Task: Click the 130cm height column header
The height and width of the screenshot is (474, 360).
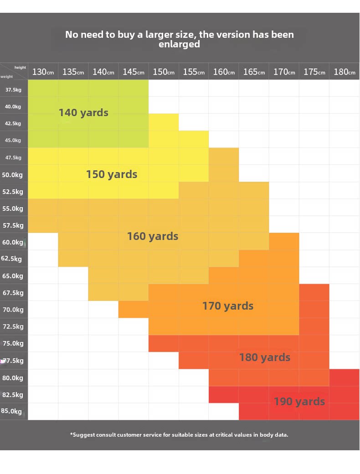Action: [43, 72]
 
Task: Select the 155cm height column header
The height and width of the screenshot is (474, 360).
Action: [194, 72]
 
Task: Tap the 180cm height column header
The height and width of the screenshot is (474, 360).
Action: [345, 72]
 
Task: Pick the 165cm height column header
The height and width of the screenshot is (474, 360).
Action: [254, 72]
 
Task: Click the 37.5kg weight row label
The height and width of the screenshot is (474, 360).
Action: [13, 90]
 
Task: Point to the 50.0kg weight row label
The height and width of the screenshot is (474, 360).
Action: [12, 174]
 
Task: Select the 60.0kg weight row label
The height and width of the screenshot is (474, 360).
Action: [12, 242]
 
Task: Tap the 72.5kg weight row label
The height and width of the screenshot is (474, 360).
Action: [13, 326]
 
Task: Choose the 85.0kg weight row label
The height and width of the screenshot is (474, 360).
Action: [11, 411]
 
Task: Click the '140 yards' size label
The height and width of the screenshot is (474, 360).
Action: [83, 112]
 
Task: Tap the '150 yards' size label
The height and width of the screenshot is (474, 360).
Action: [112, 174]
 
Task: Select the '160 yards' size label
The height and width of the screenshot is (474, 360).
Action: [153, 236]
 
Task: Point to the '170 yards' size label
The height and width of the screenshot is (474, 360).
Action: [228, 306]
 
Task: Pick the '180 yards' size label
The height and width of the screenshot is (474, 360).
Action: [265, 357]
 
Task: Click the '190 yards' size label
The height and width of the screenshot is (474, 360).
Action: [299, 402]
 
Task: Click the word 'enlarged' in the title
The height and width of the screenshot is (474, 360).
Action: [180, 45]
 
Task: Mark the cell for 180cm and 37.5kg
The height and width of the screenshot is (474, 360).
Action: [345, 88]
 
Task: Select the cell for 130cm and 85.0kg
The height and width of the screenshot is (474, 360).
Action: [43, 412]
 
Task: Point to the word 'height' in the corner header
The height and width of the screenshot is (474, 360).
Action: [20, 67]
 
